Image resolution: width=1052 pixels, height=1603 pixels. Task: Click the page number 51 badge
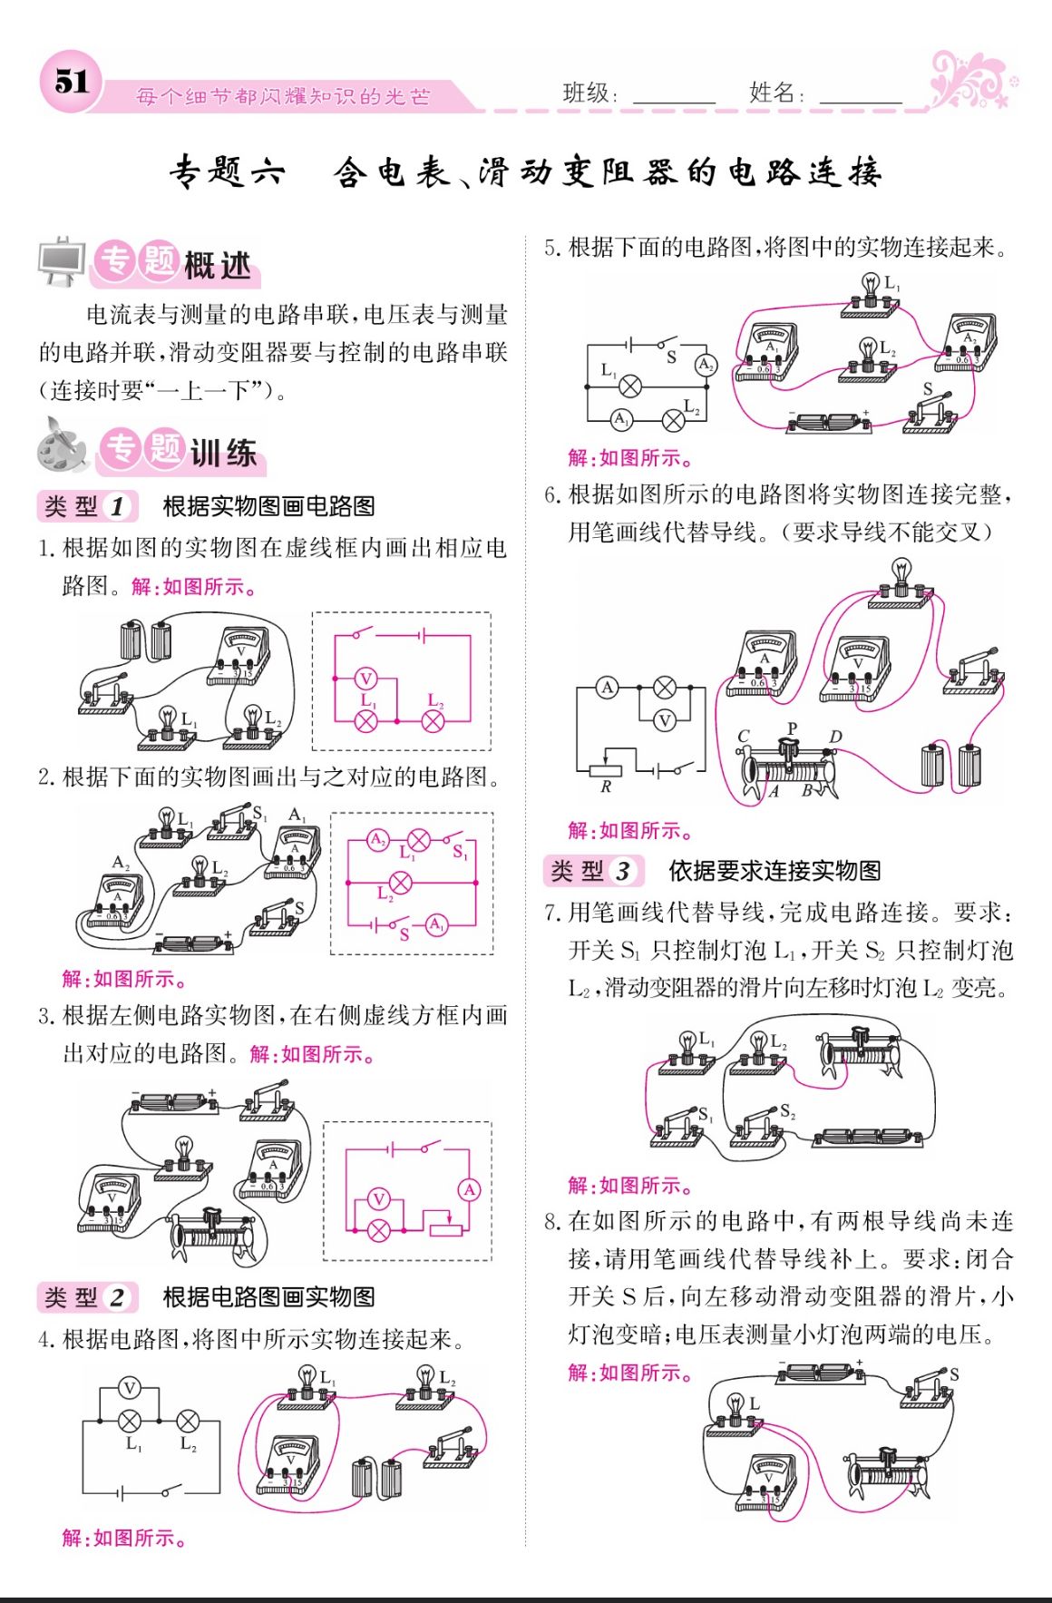[70, 82]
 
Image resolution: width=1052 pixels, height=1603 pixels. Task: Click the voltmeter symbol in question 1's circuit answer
[365, 678]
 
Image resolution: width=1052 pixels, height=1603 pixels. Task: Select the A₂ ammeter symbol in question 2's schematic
[377, 839]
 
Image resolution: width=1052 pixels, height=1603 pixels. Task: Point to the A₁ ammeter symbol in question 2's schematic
[437, 924]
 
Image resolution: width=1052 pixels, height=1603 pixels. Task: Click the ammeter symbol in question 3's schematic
[469, 1189]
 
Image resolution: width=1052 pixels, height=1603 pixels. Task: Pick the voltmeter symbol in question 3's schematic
[379, 1199]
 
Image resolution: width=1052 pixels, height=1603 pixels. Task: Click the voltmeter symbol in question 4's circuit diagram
[131, 1388]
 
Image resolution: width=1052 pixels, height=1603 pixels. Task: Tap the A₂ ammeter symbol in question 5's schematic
[706, 365]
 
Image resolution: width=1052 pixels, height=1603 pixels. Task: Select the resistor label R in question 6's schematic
[606, 787]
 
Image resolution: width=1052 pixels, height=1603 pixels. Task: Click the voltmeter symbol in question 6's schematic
[665, 721]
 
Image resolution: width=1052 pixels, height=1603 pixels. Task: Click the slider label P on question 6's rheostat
[792, 728]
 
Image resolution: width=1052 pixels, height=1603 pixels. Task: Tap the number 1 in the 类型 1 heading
[117, 506]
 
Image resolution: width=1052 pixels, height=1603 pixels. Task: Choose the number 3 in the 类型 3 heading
[622, 872]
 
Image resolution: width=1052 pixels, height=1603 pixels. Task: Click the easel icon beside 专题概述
[63, 262]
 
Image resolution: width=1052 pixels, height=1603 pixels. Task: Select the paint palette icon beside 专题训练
[62, 446]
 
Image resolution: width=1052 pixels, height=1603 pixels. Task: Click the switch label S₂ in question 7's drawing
[786, 1111]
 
